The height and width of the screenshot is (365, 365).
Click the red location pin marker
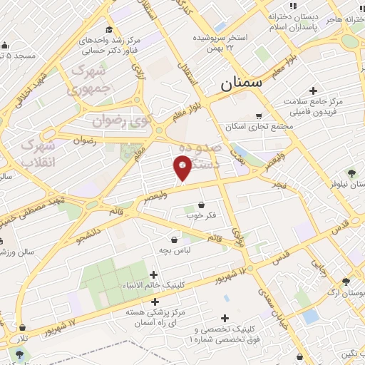(182, 168)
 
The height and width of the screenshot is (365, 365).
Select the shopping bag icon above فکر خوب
(201, 205)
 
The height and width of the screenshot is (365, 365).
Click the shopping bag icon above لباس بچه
(175, 240)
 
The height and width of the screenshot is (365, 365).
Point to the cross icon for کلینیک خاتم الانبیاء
(154, 274)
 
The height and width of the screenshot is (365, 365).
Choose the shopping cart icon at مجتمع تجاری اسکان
(259, 115)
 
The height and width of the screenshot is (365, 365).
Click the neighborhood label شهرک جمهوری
(89, 81)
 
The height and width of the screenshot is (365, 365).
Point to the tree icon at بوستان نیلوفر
(351, 173)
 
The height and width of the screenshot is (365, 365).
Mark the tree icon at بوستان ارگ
(346, 282)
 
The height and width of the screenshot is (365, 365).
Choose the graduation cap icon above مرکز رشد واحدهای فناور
(109, 29)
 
